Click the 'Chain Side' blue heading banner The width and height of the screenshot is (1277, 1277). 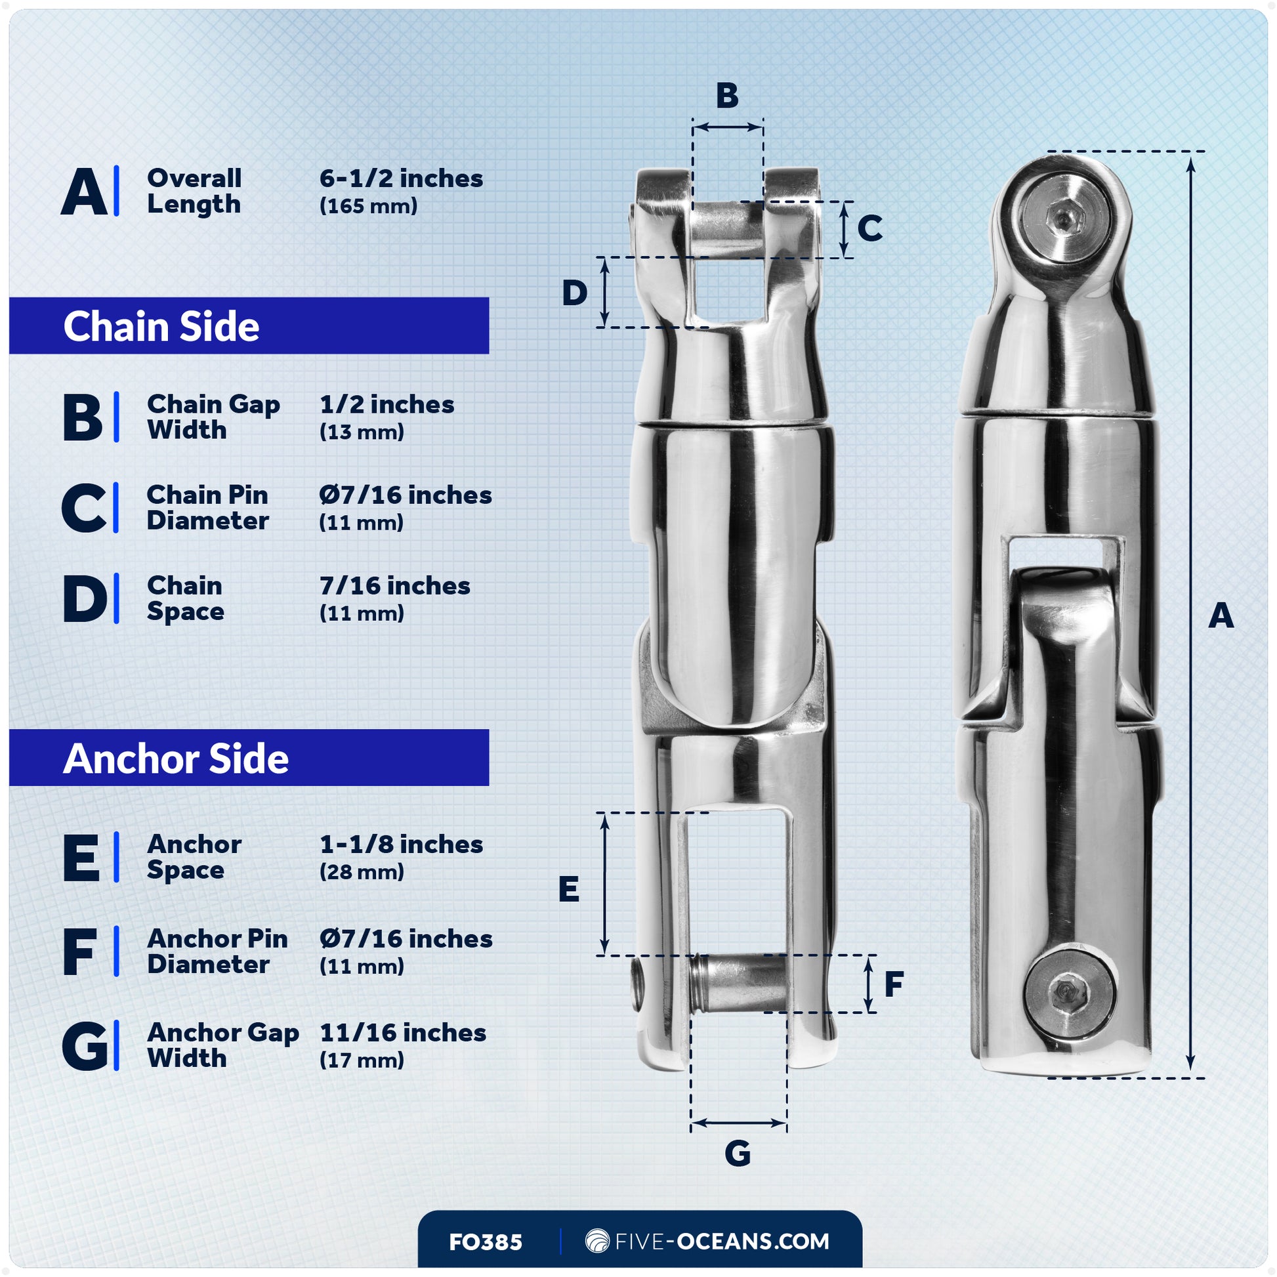click(x=249, y=326)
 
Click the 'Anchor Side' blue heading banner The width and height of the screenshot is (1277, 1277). click(x=249, y=758)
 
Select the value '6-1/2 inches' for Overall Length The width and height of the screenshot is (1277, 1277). click(x=400, y=178)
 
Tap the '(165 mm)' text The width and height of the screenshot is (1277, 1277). click(x=368, y=206)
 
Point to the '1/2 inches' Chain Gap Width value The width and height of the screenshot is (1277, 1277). click(x=387, y=404)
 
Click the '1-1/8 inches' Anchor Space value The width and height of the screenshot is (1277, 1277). click(x=400, y=844)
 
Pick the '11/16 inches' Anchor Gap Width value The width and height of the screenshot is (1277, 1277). click(x=402, y=1032)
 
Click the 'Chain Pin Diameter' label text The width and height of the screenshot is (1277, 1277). click(x=207, y=508)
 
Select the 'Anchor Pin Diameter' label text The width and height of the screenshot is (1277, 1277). click(x=217, y=951)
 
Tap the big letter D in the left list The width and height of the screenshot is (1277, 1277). click(x=84, y=599)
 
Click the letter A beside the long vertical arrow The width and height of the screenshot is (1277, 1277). click(x=1221, y=616)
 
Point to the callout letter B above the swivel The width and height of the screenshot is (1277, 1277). click(x=727, y=96)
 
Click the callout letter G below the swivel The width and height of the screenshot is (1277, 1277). click(x=738, y=1154)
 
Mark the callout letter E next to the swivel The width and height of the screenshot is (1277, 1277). click(x=568, y=889)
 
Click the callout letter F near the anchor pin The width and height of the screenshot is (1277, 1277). click(x=894, y=984)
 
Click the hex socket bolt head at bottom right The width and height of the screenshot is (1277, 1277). click(x=1069, y=992)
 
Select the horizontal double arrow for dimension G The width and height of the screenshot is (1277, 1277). click(x=738, y=1122)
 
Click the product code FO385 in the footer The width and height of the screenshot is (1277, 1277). click(x=485, y=1242)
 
